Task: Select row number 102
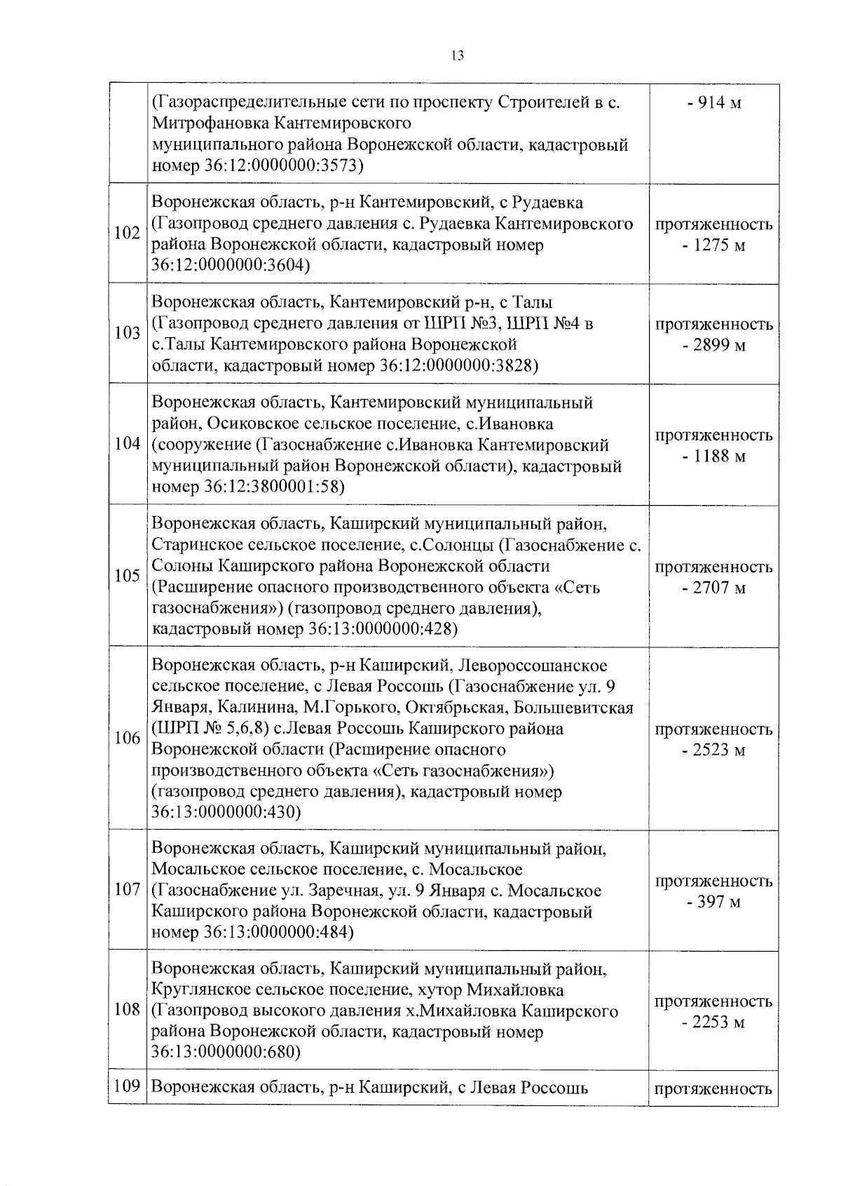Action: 127,234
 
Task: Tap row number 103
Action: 127,333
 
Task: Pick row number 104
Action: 127,445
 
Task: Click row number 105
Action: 127,576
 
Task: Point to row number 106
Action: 127,739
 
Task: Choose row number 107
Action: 127,890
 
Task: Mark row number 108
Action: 127,1011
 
